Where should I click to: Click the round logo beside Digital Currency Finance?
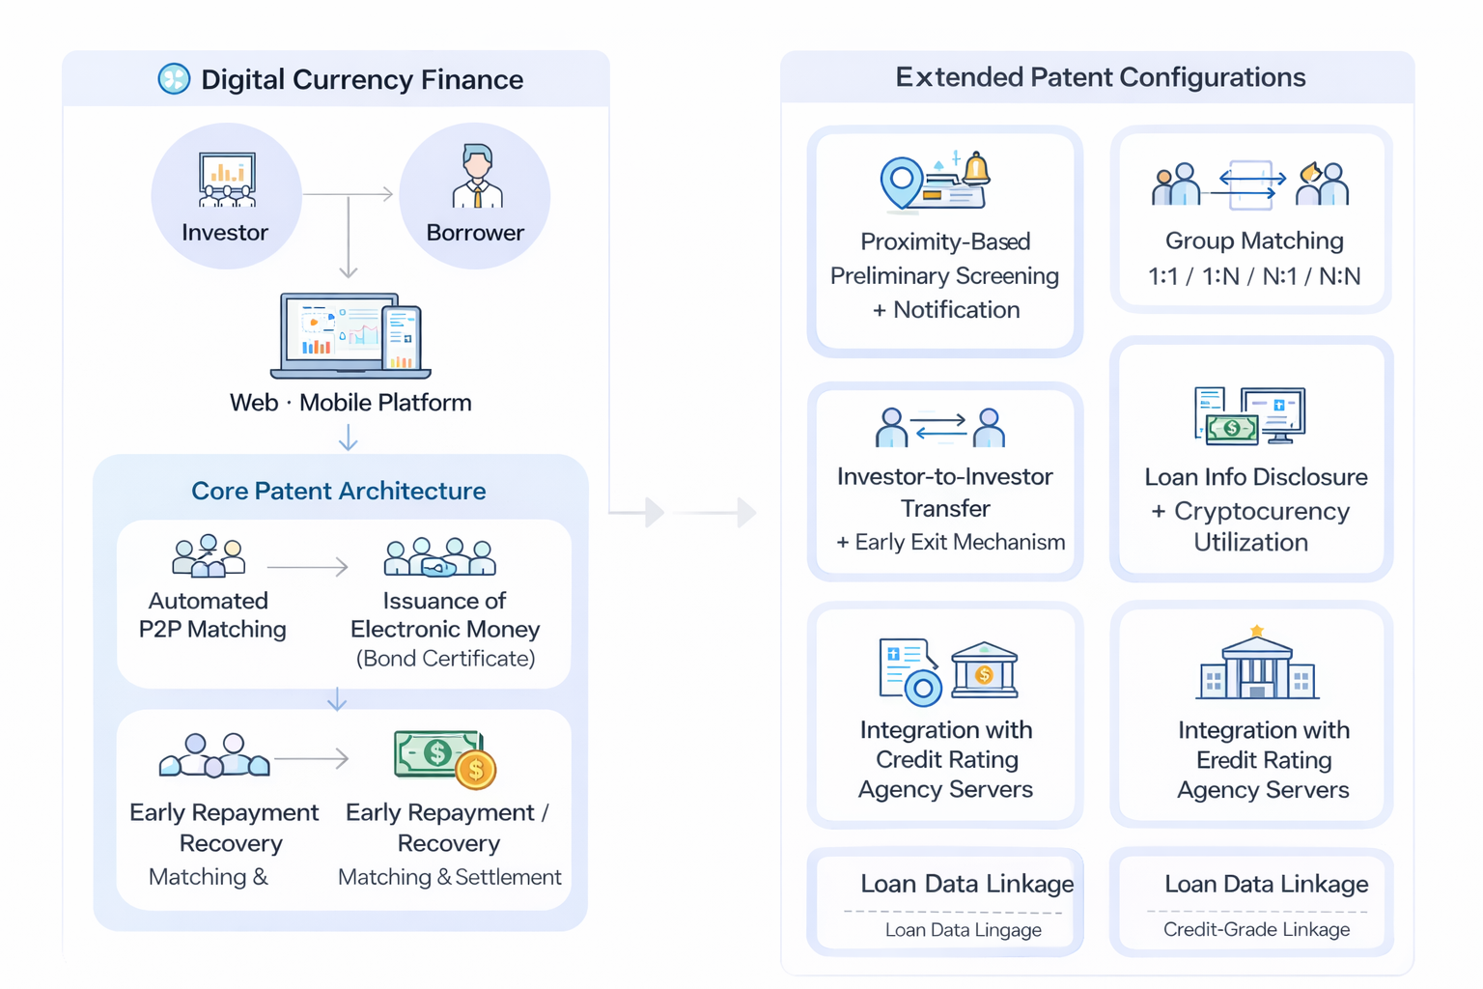click(x=174, y=79)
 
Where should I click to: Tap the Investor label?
click(x=225, y=233)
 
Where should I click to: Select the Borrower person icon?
click(x=477, y=177)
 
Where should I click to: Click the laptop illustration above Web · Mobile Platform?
click(x=350, y=335)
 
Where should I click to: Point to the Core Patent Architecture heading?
click(x=338, y=491)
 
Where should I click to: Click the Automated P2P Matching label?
click(x=211, y=615)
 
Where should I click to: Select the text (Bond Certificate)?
click(x=445, y=659)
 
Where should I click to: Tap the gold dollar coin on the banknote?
click(x=475, y=770)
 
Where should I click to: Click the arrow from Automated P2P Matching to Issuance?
click(x=307, y=566)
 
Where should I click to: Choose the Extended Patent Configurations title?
click(x=1100, y=77)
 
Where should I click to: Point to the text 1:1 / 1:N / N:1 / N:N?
click(x=1253, y=277)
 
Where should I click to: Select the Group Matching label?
click(x=1253, y=240)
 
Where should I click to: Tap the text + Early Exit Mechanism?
click(x=950, y=543)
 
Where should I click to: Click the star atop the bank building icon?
click(x=1256, y=631)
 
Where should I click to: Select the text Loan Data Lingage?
click(x=963, y=930)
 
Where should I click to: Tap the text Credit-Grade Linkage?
click(x=1256, y=929)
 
